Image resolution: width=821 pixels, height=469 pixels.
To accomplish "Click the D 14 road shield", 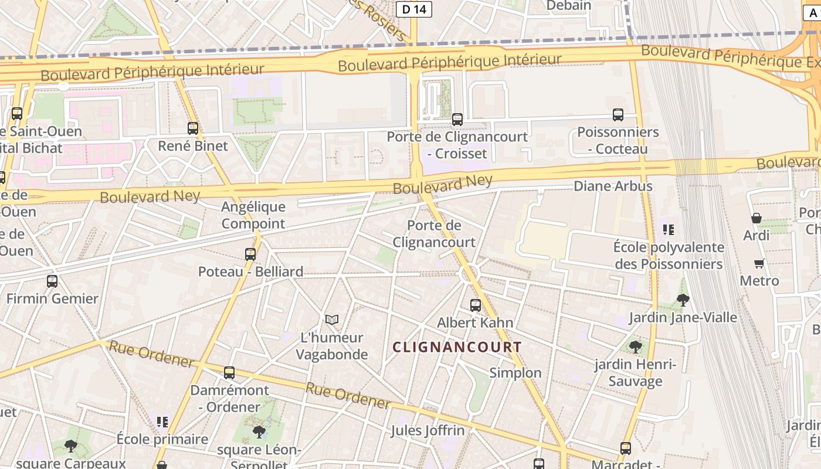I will pos(414,9).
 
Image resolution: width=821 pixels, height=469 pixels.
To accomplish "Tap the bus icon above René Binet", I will pos(193,128).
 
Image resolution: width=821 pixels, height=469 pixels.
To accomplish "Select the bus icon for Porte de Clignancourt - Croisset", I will pos(457,120).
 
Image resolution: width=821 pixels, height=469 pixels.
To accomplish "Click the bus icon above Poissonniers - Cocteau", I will pos(618,115).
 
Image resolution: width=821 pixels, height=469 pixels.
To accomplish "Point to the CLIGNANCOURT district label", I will pos(457,347).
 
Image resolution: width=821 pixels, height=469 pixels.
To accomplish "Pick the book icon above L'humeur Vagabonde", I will pos(332,320).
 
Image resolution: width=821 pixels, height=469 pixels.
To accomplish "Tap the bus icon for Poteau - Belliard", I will pos(250,254).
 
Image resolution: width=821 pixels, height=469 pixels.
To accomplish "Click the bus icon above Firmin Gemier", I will pos(52,281).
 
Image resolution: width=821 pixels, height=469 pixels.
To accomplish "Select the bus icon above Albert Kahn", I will pos(476,305).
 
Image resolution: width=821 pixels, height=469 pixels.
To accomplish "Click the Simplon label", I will pos(515,373).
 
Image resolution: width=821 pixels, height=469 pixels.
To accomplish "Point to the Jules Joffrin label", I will pos(428,430).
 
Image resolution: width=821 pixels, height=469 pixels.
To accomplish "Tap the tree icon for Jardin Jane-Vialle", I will pos(683,300).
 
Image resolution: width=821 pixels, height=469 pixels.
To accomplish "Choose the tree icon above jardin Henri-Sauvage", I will pos(635,346).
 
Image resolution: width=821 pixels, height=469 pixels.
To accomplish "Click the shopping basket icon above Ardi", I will pos(756,218).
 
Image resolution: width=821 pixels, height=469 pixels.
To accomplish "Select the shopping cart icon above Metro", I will pos(759,264).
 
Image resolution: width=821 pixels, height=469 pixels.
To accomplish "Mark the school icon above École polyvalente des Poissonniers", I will pos(669,229).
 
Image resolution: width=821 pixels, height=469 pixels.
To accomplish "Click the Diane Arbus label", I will pos(613,186).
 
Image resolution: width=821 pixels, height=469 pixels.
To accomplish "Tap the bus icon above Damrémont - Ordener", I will pos(229,373).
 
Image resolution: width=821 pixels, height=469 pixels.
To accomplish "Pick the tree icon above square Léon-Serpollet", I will pos(259,432).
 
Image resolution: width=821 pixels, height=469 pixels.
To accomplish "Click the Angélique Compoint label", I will pos(253,215).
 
